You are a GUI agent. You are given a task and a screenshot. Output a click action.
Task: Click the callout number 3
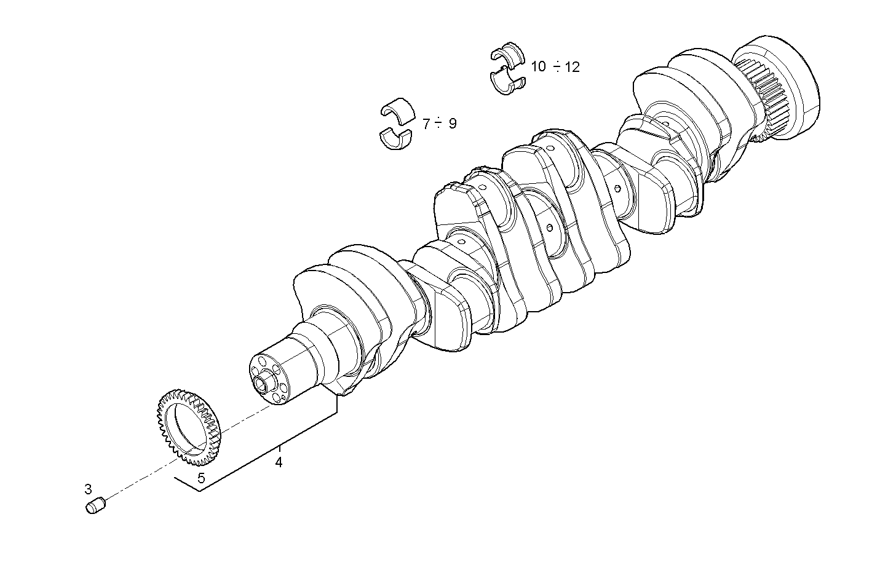(88, 489)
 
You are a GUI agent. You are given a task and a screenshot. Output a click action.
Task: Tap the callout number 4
(279, 462)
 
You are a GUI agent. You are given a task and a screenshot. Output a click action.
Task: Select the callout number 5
(201, 478)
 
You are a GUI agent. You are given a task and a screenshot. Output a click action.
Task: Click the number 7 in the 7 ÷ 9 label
(426, 124)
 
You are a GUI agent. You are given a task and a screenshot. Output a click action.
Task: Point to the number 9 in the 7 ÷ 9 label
(453, 124)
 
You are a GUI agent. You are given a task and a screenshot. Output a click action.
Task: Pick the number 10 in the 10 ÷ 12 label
(538, 66)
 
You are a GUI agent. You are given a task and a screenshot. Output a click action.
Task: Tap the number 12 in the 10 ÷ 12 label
(572, 67)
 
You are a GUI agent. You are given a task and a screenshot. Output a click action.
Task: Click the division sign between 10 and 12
(556, 66)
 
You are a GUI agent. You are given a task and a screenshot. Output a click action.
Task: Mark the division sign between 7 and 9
(438, 124)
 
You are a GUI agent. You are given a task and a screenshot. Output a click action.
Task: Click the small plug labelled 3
(95, 506)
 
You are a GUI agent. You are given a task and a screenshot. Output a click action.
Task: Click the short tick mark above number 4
(279, 447)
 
